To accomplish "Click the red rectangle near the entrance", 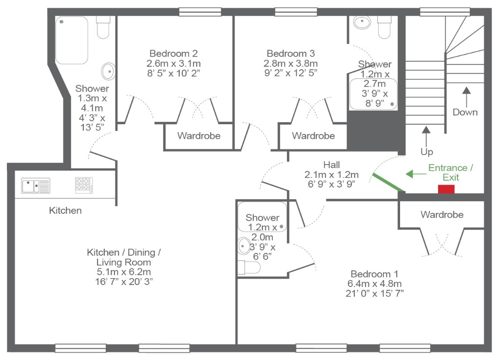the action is click(x=446, y=189).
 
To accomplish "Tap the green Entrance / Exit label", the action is click(x=451, y=172).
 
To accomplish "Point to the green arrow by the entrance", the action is click(x=416, y=174).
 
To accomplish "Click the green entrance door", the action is click(x=388, y=182).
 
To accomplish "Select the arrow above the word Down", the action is click(x=466, y=97).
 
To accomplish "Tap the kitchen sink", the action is click(x=36, y=186).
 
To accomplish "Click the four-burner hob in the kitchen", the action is click(x=84, y=185).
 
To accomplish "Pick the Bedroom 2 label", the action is click(x=173, y=53).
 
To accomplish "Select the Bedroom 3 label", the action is click(x=290, y=53).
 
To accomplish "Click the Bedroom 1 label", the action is click(x=374, y=274).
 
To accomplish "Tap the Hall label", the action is click(x=331, y=165).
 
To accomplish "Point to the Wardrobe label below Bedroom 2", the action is click(x=199, y=136).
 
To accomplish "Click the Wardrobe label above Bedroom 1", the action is click(x=442, y=215).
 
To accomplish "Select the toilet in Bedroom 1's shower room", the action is click(x=249, y=267).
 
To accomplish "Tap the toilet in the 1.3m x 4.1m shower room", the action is click(x=103, y=27).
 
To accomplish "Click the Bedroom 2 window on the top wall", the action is click(x=200, y=12).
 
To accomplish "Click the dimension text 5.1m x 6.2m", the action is click(x=124, y=272).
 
